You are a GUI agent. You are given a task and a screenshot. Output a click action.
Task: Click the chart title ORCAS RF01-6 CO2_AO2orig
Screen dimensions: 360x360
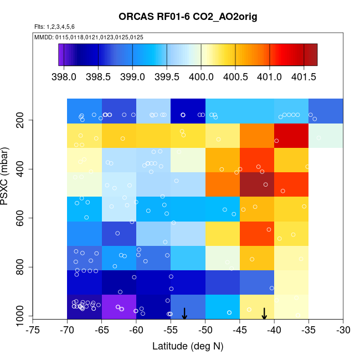click(x=188, y=17)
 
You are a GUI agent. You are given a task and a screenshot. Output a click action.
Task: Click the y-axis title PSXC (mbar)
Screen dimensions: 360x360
click(x=7, y=176)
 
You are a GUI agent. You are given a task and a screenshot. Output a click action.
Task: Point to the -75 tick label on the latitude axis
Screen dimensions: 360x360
click(x=33, y=330)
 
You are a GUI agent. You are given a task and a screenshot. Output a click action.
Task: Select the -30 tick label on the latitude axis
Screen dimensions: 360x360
click(x=343, y=330)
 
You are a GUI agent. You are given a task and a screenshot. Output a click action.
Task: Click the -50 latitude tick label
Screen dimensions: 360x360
click(x=205, y=330)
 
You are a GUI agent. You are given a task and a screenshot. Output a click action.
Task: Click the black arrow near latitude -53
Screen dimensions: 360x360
click(x=184, y=313)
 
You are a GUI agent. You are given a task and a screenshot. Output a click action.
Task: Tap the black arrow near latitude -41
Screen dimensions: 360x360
click(x=264, y=313)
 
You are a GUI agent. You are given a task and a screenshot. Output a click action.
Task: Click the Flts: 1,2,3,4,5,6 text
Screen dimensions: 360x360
click(x=55, y=27)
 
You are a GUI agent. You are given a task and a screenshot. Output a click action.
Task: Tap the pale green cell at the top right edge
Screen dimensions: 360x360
click(x=326, y=136)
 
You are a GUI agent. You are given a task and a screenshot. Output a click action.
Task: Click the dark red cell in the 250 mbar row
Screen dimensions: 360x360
click(x=291, y=136)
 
